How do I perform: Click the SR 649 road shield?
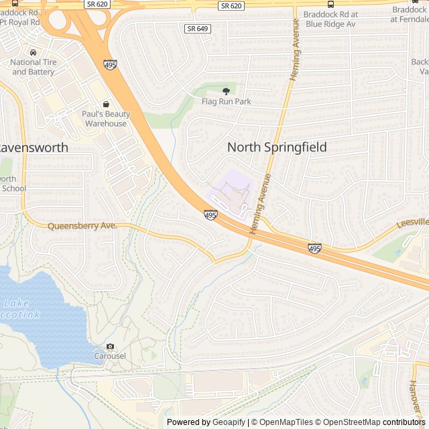[197, 29]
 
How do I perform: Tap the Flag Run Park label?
[226, 101]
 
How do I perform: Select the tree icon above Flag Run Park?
[226, 90]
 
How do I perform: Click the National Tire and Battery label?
[32, 67]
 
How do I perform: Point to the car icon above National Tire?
[32, 52]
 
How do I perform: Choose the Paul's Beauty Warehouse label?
[106, 119]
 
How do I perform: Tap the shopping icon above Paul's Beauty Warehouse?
[106, 105]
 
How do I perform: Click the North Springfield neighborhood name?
[277, 147]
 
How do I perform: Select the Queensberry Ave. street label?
[82, 227]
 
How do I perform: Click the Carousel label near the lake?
[109, 356]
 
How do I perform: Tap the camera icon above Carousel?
[110, 346]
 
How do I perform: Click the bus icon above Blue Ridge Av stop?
[330, 5]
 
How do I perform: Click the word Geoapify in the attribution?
[229, 422]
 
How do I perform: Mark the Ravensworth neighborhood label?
[33, 147]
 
